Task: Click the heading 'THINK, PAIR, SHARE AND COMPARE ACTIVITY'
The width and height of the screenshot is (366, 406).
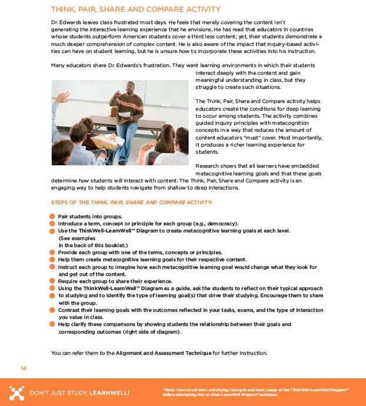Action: coord(136,9)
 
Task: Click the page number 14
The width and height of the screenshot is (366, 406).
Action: coord(23,368)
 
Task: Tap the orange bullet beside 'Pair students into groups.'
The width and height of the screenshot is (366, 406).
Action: coord(52,217)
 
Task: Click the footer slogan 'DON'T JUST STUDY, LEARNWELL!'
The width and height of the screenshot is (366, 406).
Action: coord(79,392)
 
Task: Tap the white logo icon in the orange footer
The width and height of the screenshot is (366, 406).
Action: coord(17,392)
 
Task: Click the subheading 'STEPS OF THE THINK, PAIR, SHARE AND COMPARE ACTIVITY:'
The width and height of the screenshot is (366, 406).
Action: coord(132,202)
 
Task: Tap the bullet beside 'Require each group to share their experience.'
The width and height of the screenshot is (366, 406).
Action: coord(52,281)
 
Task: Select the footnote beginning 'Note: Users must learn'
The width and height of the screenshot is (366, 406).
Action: coord(256,392)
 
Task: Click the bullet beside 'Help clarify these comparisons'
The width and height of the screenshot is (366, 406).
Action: coord(52,324)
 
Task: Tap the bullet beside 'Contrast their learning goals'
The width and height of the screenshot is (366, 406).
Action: coord(52,310)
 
